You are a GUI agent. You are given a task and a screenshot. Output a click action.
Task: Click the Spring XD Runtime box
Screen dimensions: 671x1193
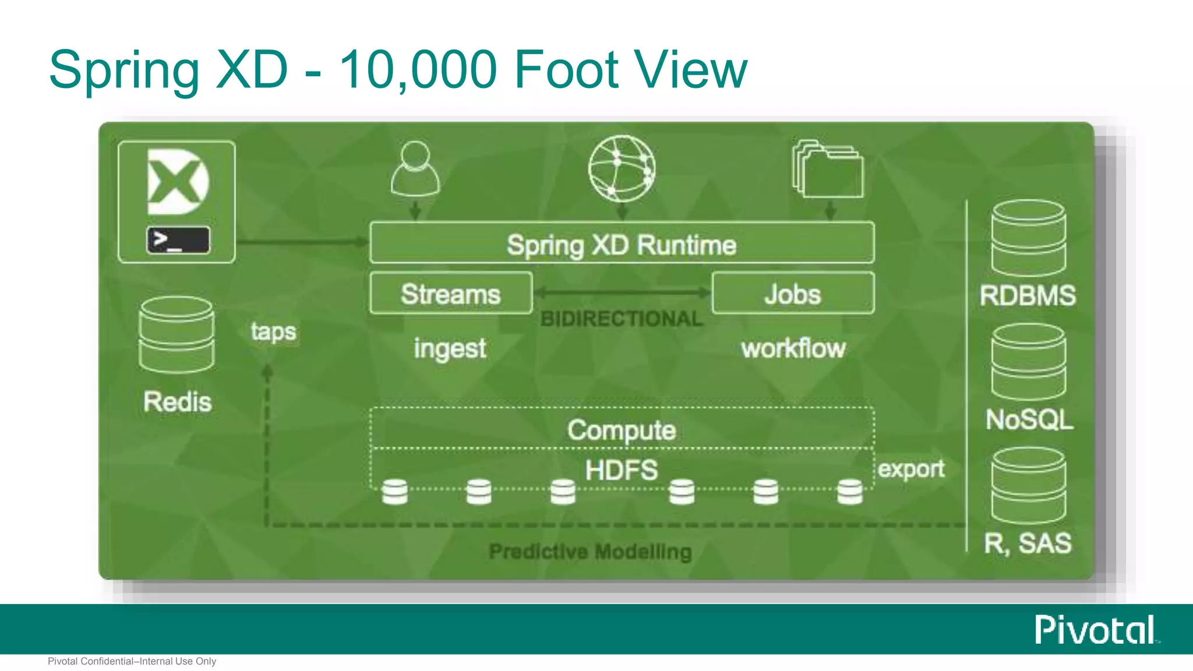[x=622, y=243]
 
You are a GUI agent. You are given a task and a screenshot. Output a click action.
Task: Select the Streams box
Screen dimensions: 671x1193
[x=451, y=294]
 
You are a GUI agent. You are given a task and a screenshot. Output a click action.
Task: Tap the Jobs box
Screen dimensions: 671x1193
[x=793, y=294]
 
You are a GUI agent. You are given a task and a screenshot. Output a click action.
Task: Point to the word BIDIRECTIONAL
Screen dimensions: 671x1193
[x=622, y=319]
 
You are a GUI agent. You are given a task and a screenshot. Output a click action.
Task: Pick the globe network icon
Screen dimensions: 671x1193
[x=622, y=168]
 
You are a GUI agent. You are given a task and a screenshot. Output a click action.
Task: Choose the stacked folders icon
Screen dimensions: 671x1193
[x=828, y=169]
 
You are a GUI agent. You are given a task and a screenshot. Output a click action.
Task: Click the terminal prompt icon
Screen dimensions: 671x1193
[x=178, y=240]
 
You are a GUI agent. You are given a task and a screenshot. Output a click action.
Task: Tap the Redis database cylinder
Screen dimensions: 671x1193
[x=177, y=334]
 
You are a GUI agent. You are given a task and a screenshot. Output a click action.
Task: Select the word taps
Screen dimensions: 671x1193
[x=273, y=332]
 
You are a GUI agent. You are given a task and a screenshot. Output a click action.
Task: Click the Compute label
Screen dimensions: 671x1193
[x=622, y=430]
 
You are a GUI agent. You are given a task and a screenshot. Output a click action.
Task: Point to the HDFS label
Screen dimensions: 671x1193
[x=622, y=470]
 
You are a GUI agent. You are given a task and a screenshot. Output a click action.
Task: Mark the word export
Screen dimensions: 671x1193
[x=911, y=469]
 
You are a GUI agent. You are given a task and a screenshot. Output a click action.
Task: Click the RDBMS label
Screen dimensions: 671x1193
[x=1028, y=295]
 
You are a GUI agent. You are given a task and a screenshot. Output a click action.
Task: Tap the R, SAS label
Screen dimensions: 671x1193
[x=1028, y=543]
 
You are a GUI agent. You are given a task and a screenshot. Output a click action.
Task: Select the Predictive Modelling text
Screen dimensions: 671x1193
[x=590, y=551]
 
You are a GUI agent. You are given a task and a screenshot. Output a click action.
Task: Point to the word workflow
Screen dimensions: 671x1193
[x=793, y=348]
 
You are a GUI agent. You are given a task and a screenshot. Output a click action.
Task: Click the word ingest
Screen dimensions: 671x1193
[x=450, y=349]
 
